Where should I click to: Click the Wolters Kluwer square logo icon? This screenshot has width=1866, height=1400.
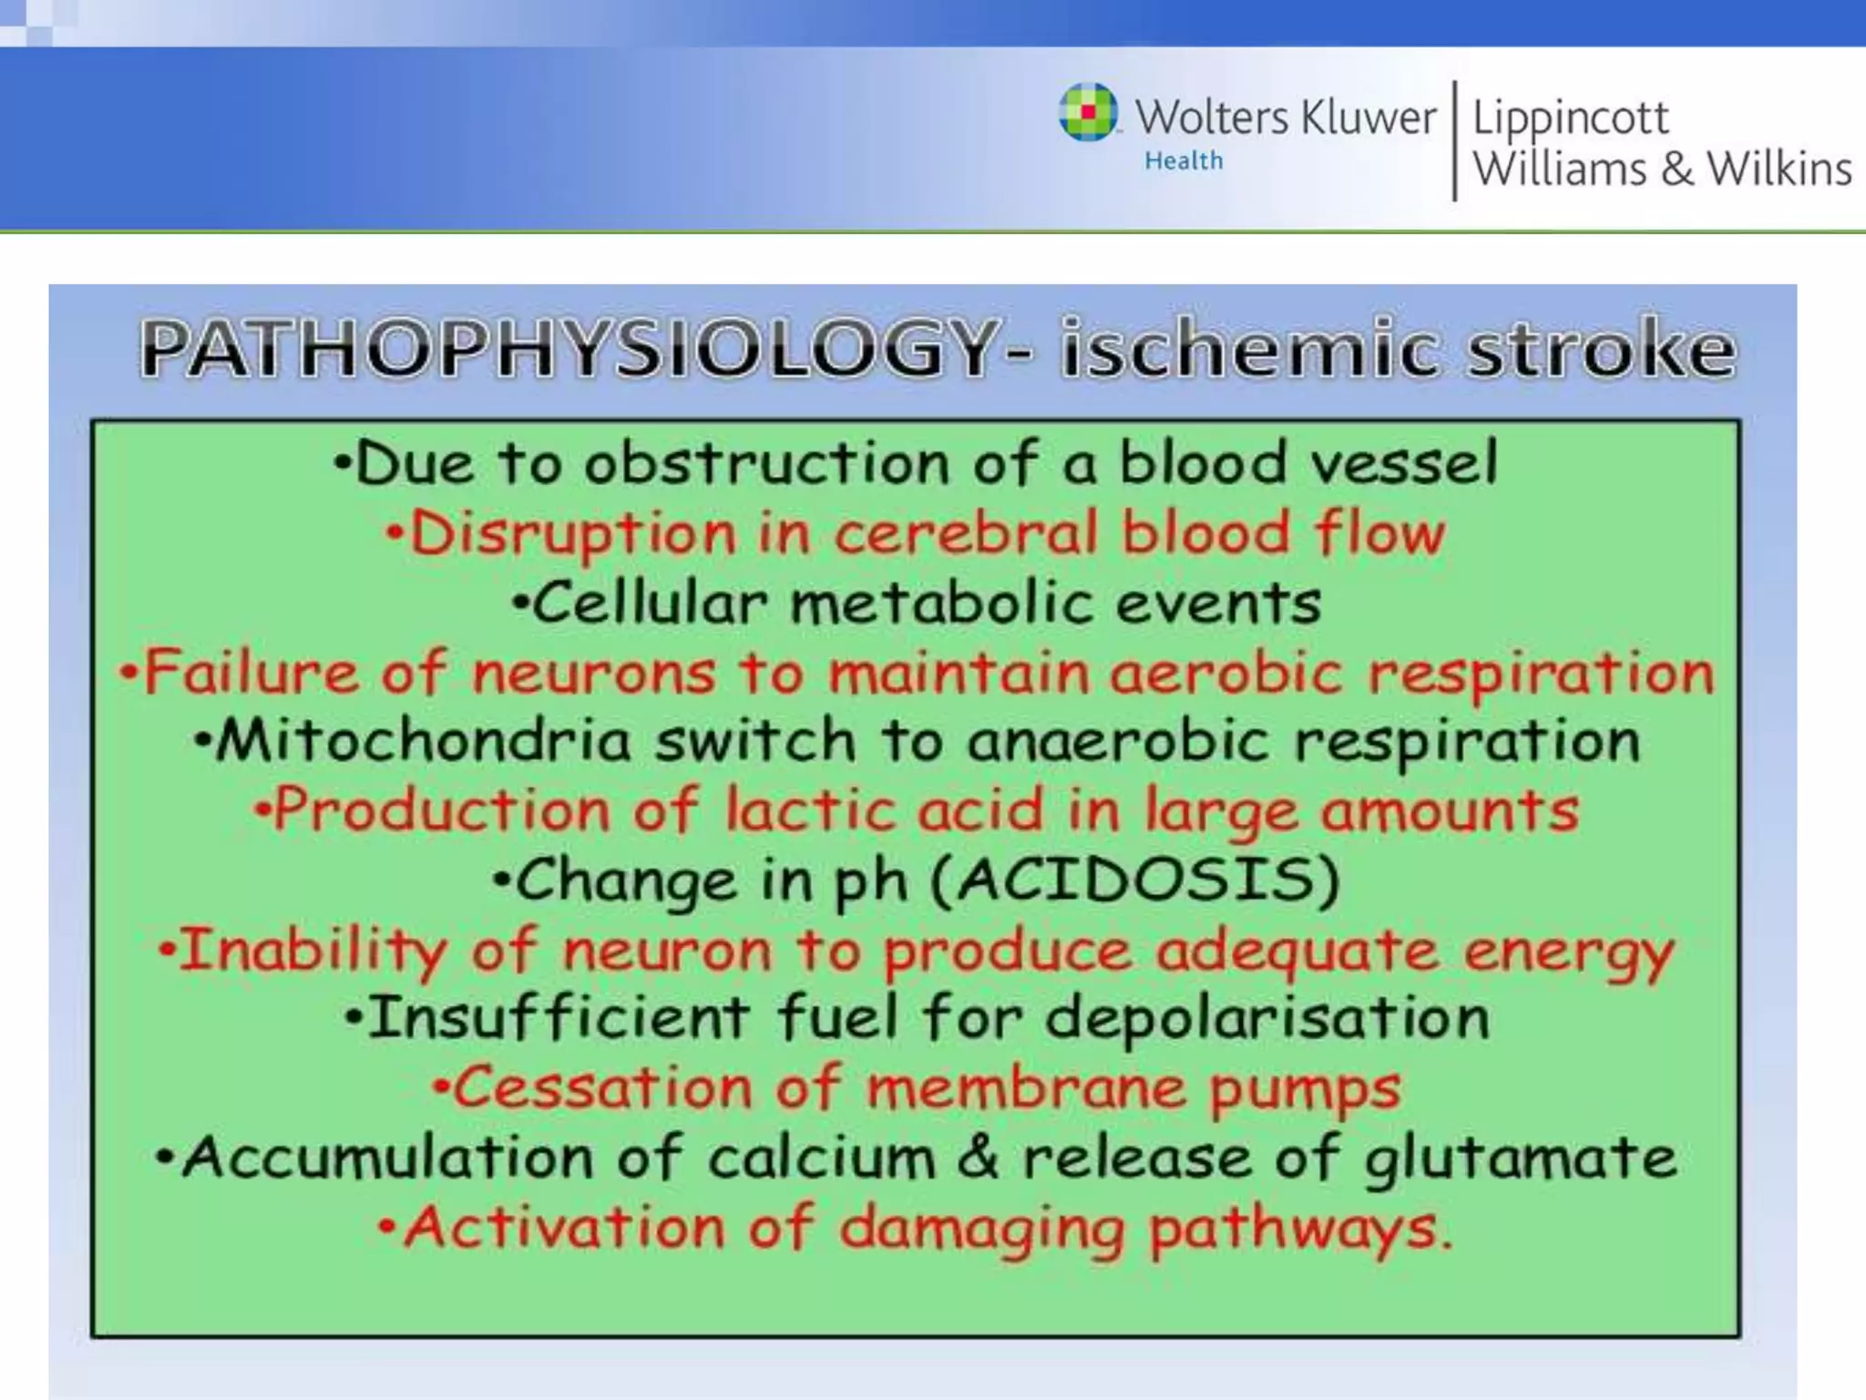[1088, 113]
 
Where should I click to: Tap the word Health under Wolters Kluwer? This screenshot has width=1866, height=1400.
[1184, 161]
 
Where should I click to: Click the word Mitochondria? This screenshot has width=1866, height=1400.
[423, 740]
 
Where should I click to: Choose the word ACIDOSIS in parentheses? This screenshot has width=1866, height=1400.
[1137, 880]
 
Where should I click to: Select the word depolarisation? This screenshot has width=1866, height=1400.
[1267, 1018]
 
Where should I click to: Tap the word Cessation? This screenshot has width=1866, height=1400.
[602, 1088]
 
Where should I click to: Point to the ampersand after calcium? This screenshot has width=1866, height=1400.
[978, 1158]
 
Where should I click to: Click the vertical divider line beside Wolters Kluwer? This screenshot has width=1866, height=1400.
[1454, 140]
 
